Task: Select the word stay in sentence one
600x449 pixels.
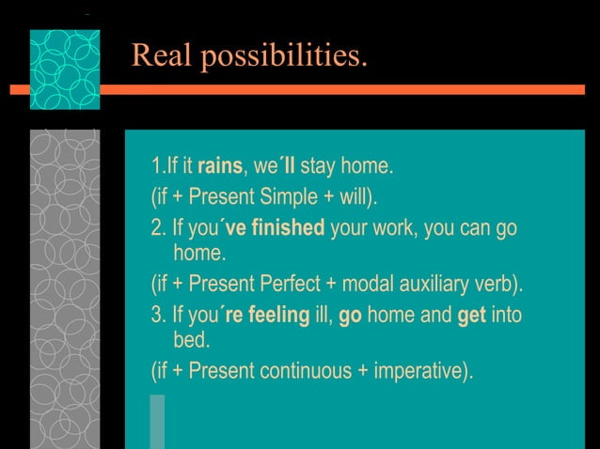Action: click(x=317, y=167)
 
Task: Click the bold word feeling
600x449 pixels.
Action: click(x=280, y=315)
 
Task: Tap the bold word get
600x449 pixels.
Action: click(x=471, y=315)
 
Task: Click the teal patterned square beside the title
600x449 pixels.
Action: click(x=64, y=70)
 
